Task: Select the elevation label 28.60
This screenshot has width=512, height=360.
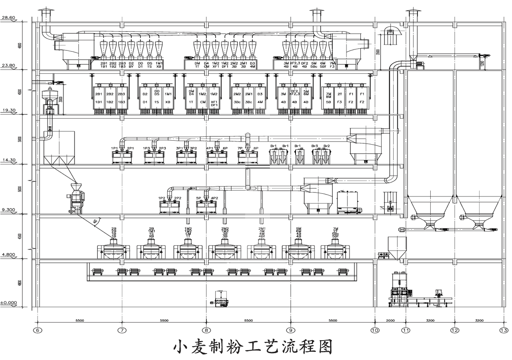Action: tap(8, 18)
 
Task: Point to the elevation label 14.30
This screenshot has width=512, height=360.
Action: tap(8, 160)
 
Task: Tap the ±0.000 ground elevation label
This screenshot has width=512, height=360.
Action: tap(8, 303)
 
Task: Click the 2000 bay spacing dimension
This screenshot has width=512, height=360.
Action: tap(390, 321)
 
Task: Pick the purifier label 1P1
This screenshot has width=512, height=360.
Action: tap(114, 148)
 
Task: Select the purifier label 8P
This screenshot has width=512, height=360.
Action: tap(256, 148)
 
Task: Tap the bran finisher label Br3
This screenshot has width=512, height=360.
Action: tap(315, 146)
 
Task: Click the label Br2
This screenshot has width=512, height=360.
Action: tap(327, 146)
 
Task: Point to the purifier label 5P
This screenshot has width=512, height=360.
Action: tap(199, 198)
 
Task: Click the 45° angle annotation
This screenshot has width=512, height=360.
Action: tap(95, 221)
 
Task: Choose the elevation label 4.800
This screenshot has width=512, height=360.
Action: tap(8, 254)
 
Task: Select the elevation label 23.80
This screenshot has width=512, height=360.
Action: tap(8, 65)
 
